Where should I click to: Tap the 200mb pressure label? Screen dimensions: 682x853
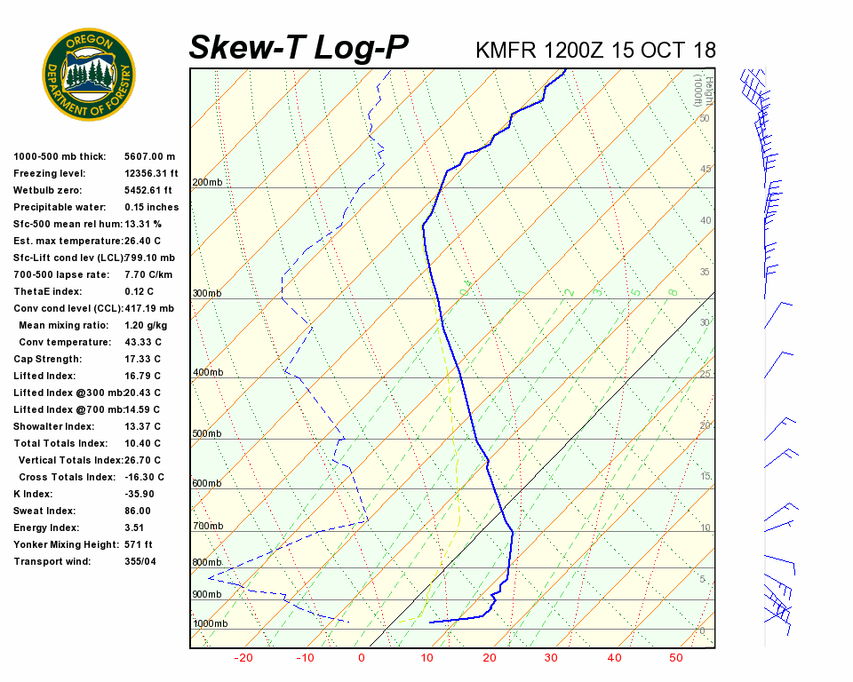[207, 183]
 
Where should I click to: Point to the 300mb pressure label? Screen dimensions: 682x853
[207, 293]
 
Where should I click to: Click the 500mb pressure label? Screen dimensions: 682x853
[207, 434]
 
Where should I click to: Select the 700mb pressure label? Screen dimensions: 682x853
[207, 527]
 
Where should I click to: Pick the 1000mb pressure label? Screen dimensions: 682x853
[211, 623]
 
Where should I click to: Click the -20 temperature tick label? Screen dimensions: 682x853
[243, 658]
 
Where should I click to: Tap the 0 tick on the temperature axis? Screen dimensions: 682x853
[362, 658]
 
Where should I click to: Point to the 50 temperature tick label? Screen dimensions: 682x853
[676, 658]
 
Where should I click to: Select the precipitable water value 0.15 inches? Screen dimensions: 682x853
[151, 207]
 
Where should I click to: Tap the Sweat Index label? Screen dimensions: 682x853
[44, 511]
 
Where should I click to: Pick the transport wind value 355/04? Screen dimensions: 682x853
[140, 561]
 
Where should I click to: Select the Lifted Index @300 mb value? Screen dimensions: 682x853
[142, 393]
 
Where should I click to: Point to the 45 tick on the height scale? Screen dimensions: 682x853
[705, 170]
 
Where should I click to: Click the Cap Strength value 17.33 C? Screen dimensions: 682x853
[142, 359]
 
